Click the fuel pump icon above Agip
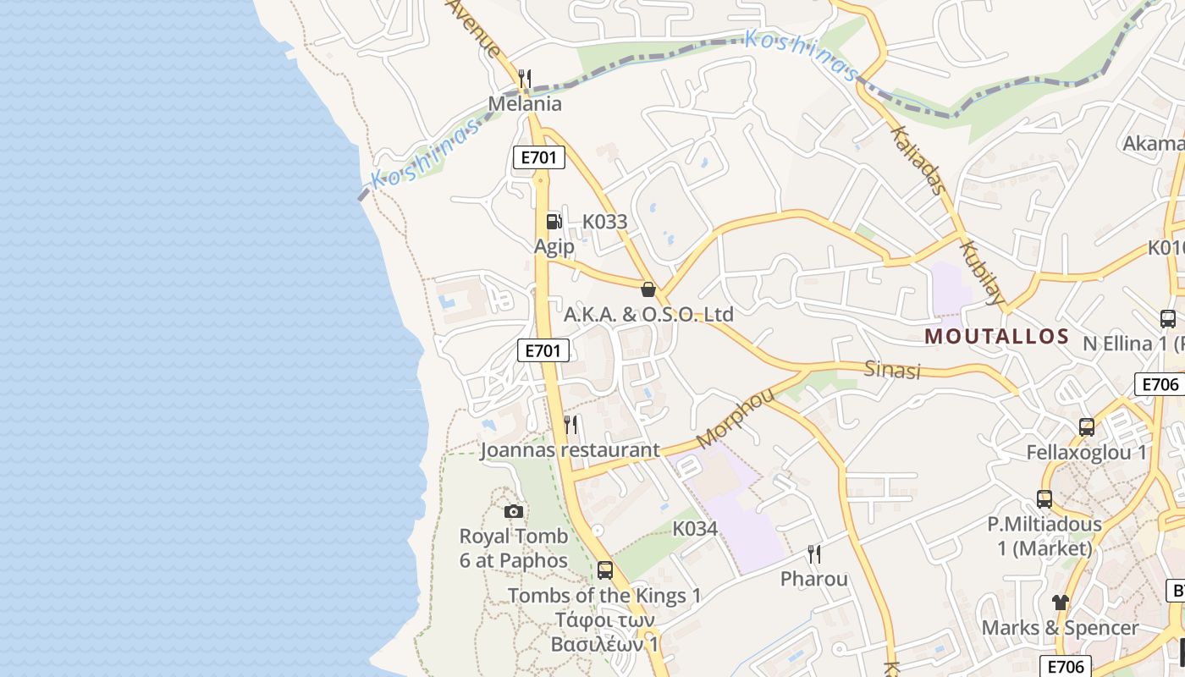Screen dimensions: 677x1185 [x=554, y=222]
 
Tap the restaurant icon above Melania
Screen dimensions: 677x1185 [x=525, y=80]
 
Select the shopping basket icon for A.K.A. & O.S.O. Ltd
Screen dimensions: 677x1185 [x=648, y=289]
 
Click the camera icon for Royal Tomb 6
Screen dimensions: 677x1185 [x=513, y=511]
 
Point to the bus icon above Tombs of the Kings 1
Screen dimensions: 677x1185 [x=604, y=570]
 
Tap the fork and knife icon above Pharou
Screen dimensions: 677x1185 [x=814, y=554]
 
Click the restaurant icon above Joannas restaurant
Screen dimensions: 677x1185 [x=571, y=424]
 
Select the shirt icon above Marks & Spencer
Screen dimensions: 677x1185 [x=1060, y=603]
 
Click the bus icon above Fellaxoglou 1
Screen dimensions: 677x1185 [x=1087, y=427]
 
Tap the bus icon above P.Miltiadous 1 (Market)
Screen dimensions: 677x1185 [x=1044, y=499]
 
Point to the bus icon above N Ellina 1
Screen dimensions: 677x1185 [x=1167, y=319]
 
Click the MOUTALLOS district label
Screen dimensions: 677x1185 [x=996, y=336]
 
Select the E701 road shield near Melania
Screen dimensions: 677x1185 [x=538, y=157]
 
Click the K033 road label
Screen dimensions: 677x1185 [x=605, y=222]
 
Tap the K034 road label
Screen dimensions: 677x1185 [x=695, y=529]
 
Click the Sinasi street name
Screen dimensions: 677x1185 [x=891, y=369]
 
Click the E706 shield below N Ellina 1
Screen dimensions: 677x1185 [x=1160, y=384]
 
